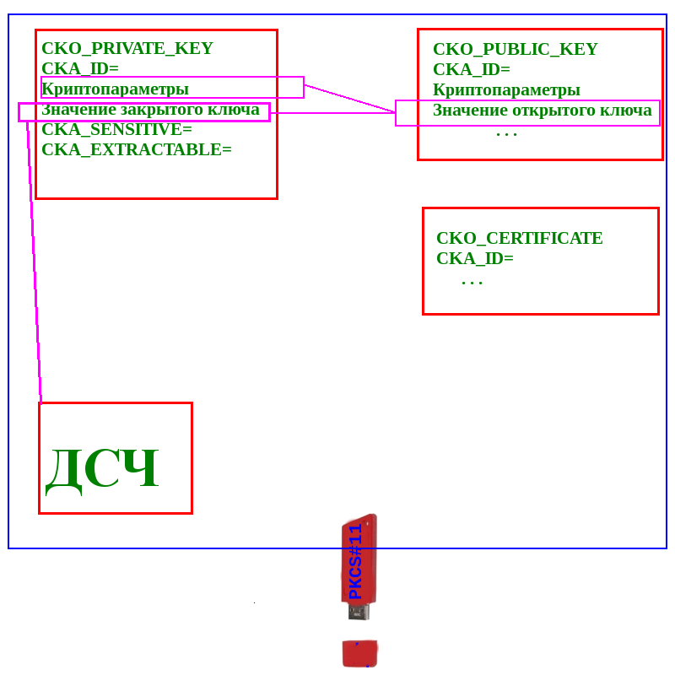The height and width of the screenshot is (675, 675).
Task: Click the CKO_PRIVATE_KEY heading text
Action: (x=127, y=48)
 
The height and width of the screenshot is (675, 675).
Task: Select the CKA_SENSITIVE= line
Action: (x=116, y=129)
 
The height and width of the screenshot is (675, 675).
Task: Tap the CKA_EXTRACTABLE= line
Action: (x=136, y=149)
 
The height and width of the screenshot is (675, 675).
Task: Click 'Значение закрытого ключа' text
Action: (x=150, y=109)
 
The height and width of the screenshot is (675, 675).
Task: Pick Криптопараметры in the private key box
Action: (x=115, y=89)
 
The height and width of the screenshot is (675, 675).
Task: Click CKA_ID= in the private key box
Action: (x=79, y=68)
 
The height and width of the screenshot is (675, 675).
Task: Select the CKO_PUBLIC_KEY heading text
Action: (x=515, y=49)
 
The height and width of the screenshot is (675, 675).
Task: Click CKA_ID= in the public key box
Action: (x=471, y=69)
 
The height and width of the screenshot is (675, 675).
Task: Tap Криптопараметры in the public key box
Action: (x=506, y=89)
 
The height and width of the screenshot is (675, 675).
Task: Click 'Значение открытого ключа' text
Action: (x=542, y=110)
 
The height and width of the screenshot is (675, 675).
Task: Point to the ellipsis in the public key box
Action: (x=506, y=133)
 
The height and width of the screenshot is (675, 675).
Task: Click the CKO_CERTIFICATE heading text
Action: (x=519, y=238)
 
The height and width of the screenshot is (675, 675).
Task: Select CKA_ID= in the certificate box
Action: (x=474, y=258)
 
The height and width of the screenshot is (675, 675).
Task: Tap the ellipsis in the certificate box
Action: (x=472, y=283)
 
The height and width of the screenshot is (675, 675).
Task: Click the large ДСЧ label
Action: (x=103, y=467)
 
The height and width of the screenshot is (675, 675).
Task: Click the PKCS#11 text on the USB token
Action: (x=355, y=561)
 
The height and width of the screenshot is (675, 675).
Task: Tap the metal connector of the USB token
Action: (x=359, y=612)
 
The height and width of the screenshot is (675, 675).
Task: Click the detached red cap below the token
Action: (x=359, y=653)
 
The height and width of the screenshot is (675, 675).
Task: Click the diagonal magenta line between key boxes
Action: (x=349, y=98)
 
